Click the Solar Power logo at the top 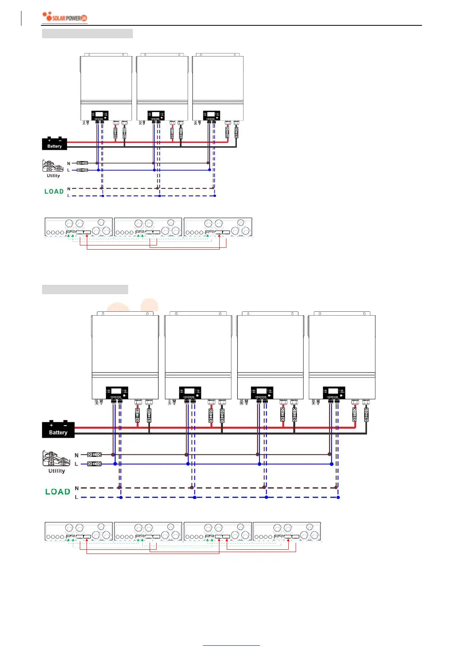click(65, 18)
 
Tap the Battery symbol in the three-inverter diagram click(55, 144)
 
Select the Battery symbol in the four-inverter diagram click(58, 430)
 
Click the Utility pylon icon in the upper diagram click(53, 166)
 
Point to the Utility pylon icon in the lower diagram click(53, 458)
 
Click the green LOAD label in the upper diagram click(54, 192)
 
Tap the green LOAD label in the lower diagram click(58, 492)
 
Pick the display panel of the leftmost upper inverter click(100, 116)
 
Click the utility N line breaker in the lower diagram click(94, 455)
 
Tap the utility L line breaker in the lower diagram click(94, 464)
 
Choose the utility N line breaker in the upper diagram click(83, 163)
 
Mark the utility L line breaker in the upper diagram click(83, 170)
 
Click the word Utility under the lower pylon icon click(56, 471)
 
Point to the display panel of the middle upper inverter click(156, 116)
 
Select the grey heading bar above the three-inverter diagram click(87, 34)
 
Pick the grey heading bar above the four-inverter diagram click(85, 289)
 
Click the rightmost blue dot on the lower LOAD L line click(338, 497)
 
